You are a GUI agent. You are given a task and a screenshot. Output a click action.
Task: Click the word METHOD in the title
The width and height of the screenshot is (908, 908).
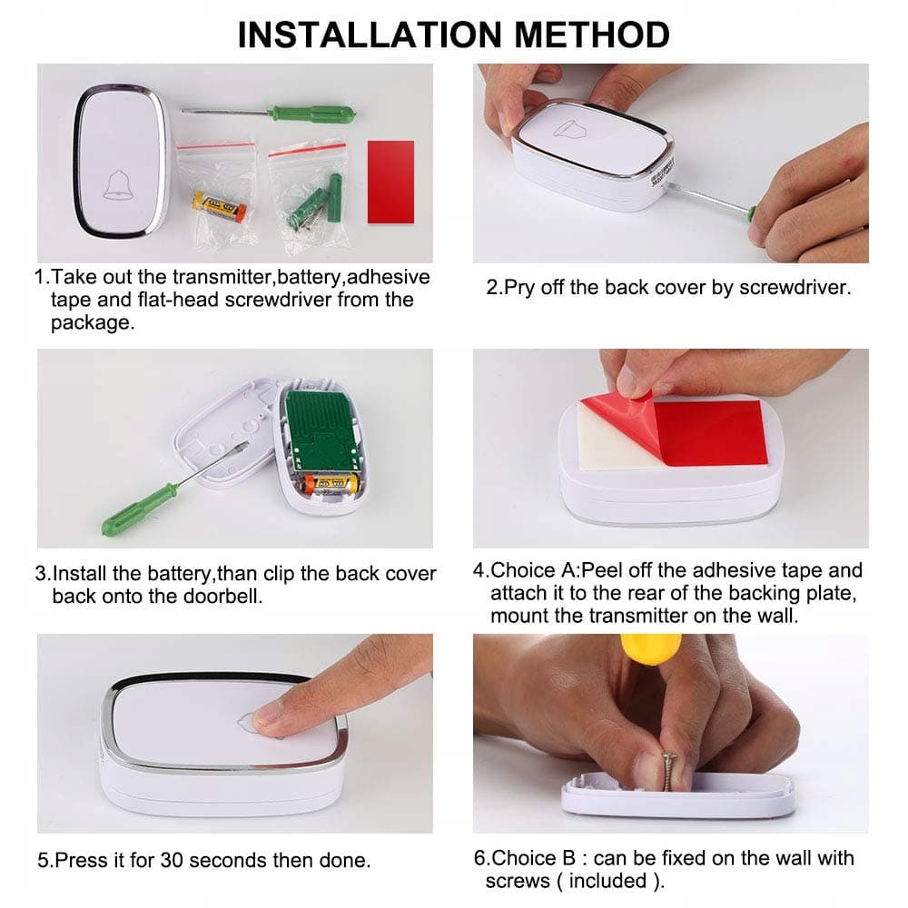(591, 35)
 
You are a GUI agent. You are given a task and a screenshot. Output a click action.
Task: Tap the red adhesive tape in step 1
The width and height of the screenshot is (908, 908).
(390, 182)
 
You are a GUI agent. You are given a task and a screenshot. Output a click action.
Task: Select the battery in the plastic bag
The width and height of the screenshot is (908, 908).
(219, 207)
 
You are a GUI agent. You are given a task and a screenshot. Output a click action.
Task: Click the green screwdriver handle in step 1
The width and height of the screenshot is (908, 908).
(312, 113)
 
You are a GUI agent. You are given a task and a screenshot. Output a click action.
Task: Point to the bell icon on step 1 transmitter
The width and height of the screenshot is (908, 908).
(118, 185)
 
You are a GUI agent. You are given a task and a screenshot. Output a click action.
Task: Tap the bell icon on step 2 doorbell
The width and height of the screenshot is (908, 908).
(568, 128)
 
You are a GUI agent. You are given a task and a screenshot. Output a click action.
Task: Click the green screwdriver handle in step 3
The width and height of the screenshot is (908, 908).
(138, 509)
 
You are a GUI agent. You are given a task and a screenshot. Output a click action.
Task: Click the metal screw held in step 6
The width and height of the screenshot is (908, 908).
(669, 771)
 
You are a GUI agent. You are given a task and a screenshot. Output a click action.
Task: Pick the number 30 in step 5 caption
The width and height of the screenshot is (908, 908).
(172, 860)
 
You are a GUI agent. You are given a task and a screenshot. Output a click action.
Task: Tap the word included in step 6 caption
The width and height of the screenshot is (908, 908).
(607, 881)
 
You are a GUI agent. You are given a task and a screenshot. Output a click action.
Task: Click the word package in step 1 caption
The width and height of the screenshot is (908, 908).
(92, 322)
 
